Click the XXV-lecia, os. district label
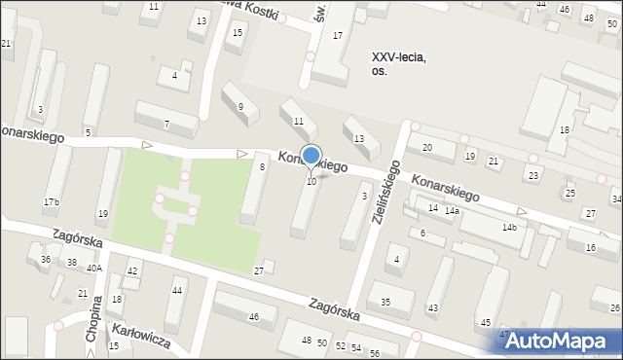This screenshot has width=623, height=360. (x=399, y=63)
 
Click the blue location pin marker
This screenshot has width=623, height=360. (x=311, y=157)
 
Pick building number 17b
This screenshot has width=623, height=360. (x=51, y=201)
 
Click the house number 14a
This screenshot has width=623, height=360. (x=452, y=211)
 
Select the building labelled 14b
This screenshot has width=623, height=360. (x=508, y=228)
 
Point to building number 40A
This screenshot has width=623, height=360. (x=93, y=268)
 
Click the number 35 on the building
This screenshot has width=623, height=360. (x=385, y=302)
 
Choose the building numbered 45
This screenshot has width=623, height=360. (x=486, y=322)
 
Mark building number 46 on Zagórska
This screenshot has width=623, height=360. (x=254, y=317)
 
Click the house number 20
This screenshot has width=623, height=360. (x=426, y=147)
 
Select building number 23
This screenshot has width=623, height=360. (x=532, y=174)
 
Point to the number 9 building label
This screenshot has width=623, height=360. (x=240, y=106)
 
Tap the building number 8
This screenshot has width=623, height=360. (x=262, y=167)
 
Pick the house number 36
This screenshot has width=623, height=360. (x=45, y=259)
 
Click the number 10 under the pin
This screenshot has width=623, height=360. (x=311, y=181)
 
